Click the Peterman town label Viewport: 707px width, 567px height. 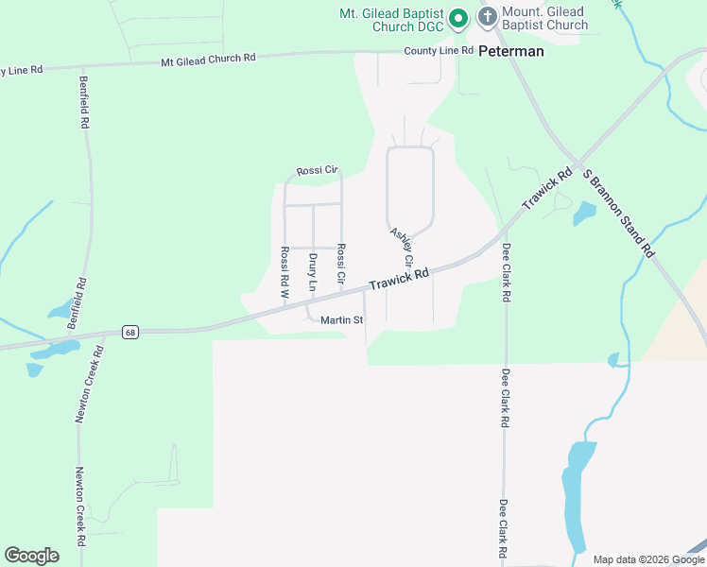[510, 51]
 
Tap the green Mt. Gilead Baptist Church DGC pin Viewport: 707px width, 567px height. [458, 17]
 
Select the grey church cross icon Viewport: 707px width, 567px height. [487, 16]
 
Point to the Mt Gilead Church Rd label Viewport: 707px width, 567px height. [208, 59]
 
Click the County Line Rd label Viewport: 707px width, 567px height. [438, 50]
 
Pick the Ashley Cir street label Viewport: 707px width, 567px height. [402, 248]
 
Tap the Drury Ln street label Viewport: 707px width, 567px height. [312, 270]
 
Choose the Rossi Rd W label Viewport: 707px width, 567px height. [284, 273]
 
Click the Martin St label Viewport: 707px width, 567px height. [341, 320]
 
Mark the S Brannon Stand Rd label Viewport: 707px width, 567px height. [618, 214]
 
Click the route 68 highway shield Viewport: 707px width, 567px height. [130, 332]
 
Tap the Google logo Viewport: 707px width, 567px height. [31, 556]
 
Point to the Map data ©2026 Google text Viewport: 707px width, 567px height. [647, 559]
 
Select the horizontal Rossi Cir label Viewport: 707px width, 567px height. [317, 171]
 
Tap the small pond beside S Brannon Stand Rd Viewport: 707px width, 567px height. [583, 215]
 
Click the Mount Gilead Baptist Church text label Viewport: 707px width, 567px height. [544, 18]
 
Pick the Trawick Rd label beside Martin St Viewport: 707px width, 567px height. [399, 278]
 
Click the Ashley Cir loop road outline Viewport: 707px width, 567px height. [433, 189]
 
